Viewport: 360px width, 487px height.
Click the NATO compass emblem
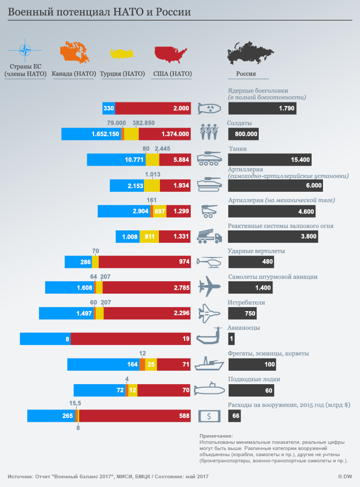click(24, 51)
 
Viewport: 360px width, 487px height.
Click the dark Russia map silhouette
click(250, 51)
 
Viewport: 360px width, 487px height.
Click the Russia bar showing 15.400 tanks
click(271, 160)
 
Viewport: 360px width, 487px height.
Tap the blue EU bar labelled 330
click(109, 109)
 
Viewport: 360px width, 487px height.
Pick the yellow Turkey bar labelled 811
click(149, 237)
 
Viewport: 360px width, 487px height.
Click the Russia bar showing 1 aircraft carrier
click(231, 339)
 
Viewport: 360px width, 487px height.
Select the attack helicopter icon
click(209, 262)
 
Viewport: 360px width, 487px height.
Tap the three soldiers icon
click(209, 132)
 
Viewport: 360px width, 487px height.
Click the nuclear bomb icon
click(209, 109)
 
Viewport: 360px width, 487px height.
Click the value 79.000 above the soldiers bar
click(117, 123)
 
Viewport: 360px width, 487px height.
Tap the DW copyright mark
click(344, 476)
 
